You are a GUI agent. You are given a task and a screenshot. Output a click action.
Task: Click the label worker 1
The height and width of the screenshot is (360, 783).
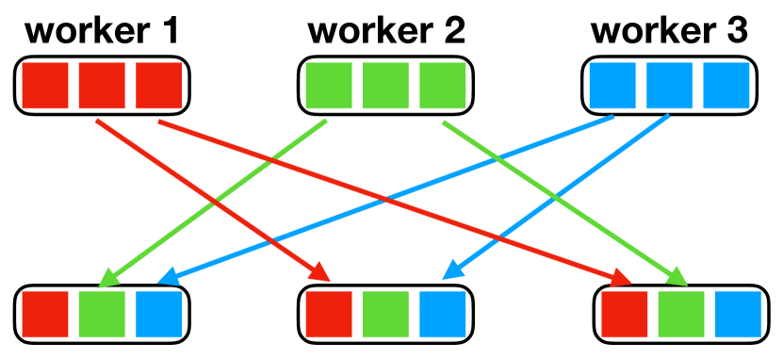click(x=102, y=31)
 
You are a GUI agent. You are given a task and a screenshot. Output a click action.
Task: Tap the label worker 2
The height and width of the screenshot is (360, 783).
click(x=385, y=31)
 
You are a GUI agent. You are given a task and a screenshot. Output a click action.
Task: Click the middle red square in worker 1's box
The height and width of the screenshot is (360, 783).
click(x=102, y=85)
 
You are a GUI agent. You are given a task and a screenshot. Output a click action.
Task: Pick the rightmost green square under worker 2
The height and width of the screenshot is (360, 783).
click(x=443, y=85)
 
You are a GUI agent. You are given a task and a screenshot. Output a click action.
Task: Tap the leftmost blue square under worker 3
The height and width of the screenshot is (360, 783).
click(x=612, y=85)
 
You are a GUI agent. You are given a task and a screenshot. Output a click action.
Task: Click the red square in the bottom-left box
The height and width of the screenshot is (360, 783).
click(x=45, y=315)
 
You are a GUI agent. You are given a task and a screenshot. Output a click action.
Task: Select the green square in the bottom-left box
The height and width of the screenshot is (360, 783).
click(x=102, y=315)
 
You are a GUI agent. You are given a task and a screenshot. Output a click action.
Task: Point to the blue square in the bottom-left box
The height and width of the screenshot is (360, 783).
click(x=159, y=315)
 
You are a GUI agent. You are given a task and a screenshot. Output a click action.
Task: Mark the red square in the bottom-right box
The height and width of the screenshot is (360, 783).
click(x=623, y=315)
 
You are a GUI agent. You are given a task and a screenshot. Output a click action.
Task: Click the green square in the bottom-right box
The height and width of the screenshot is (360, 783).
click(x=680, y=315)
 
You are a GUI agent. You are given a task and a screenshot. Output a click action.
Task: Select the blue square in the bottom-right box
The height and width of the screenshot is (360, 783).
click(x=737, y=315)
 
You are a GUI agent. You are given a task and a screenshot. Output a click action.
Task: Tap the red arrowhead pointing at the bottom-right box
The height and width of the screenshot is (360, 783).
click(x=622, y=277)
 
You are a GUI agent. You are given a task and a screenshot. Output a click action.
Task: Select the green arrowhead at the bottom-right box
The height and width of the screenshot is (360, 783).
click(x=677, y=275)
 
